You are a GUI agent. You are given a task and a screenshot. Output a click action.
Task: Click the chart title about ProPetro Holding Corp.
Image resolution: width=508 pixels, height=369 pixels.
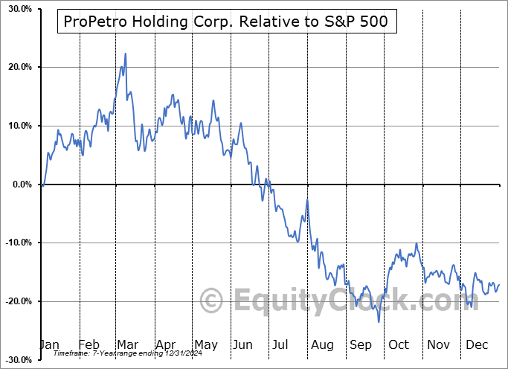pos(226,22)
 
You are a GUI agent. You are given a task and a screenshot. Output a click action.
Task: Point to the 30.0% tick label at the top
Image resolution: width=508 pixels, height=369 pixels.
pos(16,9)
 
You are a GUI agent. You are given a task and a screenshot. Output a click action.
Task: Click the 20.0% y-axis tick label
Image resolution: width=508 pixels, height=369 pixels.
pos(16,68)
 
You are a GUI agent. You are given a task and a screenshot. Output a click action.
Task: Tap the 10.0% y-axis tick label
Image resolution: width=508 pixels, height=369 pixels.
pos(16,126)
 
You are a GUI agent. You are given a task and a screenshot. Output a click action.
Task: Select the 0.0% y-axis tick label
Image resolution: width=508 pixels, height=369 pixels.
pos(19,184)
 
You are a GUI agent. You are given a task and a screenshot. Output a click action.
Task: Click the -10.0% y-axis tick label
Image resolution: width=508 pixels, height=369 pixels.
pos(16,243)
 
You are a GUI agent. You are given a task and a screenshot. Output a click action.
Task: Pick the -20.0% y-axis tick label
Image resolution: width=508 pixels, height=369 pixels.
pos(16,301)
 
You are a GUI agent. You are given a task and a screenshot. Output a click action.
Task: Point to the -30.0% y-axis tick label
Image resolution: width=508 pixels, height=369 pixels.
pos(16,359)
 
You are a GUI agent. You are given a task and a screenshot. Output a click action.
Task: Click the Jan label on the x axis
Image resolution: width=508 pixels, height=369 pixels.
pos(49,345)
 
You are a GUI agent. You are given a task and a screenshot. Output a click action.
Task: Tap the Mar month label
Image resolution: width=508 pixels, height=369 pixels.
pos(128,345)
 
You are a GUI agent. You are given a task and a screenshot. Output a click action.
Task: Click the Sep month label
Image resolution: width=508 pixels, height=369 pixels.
pos(361,345)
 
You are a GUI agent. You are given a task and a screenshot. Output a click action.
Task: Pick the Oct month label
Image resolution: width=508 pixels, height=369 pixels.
pos(399,345)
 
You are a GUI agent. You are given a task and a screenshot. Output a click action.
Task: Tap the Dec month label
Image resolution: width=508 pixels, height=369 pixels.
pos(476,345)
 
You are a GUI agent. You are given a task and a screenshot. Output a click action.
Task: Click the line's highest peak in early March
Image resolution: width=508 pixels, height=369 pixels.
pos(126,54)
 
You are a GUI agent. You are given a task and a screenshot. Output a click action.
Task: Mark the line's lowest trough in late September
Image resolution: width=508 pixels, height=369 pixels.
pos(379,321)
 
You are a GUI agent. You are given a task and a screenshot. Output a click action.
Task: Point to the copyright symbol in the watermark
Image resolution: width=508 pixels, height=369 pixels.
pos(213,301)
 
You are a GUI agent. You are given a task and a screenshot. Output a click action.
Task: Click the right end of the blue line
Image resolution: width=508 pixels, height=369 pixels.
pos(499,284)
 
